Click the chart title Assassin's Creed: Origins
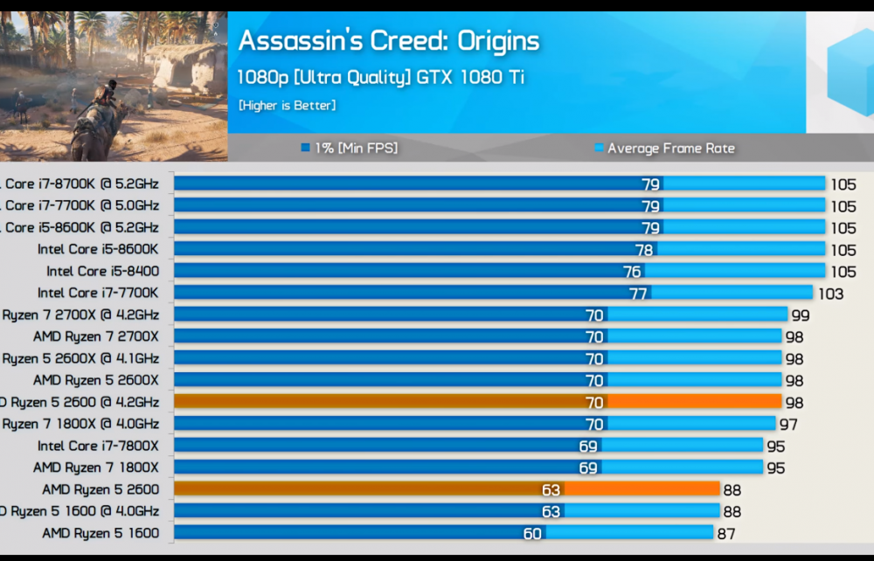tap(388, 41)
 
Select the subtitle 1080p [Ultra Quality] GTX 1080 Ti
tap(381, 77)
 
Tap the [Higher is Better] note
tap(287, 106)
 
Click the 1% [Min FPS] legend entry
tap(349, 149)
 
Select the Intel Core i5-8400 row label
tap(103, 271)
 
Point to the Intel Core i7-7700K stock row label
tap(98, 293)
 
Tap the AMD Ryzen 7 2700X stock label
tap(96, 336)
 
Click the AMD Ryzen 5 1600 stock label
tap(101, 533)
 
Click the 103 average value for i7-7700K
tap(830, 294)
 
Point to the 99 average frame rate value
tap(800, 315)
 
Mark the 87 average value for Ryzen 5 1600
tap(725, 534)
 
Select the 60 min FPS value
tap(532, 534)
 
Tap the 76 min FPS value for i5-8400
tap(632, 272)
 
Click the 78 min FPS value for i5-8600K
tap(644, 250)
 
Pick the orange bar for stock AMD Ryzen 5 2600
tap(446, 489)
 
